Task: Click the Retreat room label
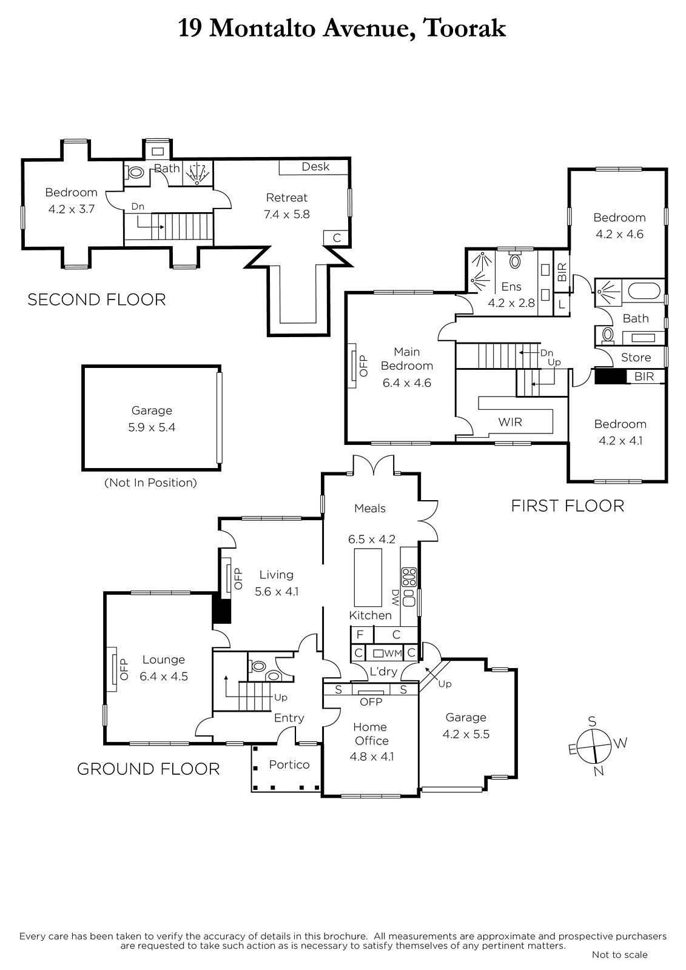coord(286,198)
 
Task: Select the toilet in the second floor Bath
coord(135,172)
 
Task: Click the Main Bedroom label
coord(406,358)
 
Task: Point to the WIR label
coord(510,422)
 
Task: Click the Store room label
coord(636,357)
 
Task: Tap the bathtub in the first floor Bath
coord(644,290)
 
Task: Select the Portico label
coord(289,764)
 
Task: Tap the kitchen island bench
coord(368,577)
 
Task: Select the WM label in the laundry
coord(394,653)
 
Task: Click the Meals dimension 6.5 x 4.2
coord(371,539)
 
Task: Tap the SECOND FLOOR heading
coord(96,299)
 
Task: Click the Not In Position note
coord(151,483)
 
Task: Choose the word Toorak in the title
coord(465,28)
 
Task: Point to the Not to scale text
coord(620,954)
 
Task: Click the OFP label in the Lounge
coord(124,669)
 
